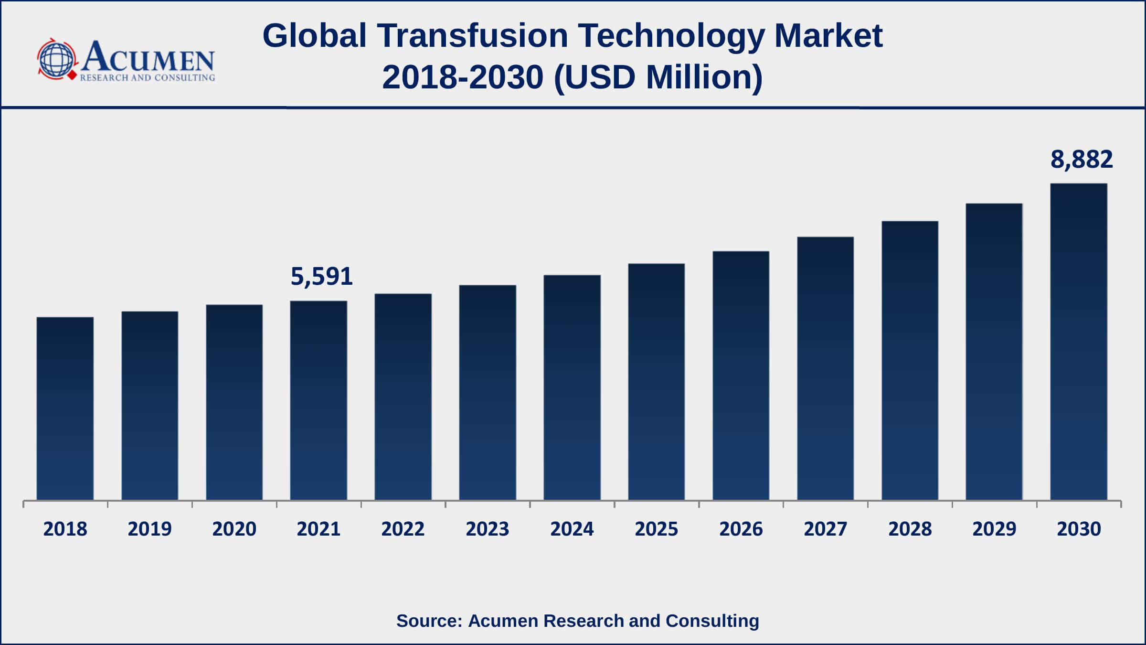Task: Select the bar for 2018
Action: pos(65,408)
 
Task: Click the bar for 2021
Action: pos(318,400)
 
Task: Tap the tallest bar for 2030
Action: pos(1079,342)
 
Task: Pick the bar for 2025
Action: pos(656,382)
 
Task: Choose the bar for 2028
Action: pos(910,361)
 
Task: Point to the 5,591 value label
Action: pos(321,277)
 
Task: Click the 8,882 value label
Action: pos(1082,160)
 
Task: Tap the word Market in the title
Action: pos(828,36)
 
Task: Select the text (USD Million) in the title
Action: pos(658,77)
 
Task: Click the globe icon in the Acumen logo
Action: pos(56,60)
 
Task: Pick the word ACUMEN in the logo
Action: pos(148,57)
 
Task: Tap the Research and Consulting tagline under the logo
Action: pos(148,78)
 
